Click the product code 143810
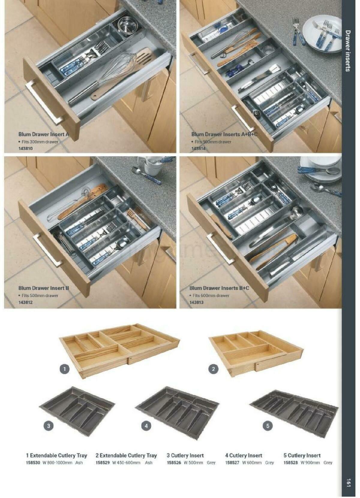tap(25, 149)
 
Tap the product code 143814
tap(198, 149)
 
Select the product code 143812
tap(25, 302)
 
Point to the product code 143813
tap(196, 302)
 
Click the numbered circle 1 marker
tap(65, 369)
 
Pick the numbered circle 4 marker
tap(146, 425)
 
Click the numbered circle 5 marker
tap(268, 425)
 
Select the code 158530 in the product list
tap(33, 463)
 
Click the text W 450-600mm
tap(126, 463)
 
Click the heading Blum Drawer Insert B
tap(44, 288)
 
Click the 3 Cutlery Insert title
tap(185, 455)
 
